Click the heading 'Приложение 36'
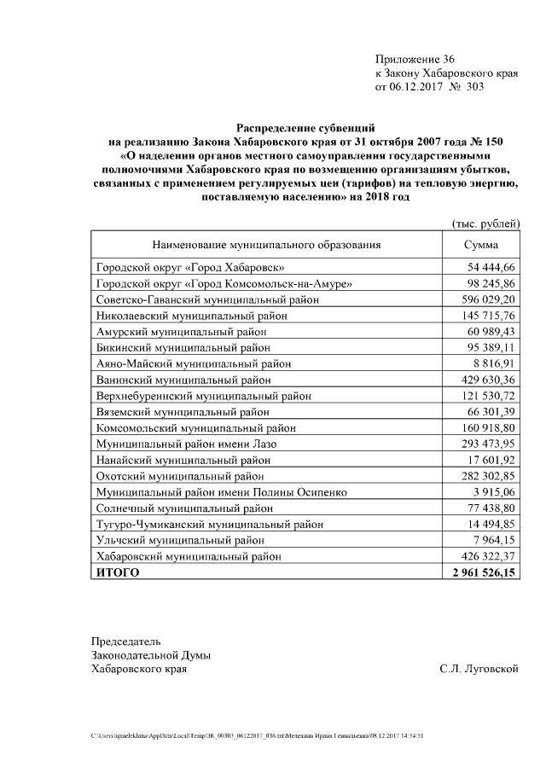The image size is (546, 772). coord(415,59)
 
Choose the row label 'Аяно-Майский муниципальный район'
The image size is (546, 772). coord(193,363)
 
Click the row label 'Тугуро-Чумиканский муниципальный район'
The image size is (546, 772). coord(212,525)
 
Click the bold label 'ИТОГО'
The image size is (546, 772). coord(118,573)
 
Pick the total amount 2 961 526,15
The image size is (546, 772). coord(484,573)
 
